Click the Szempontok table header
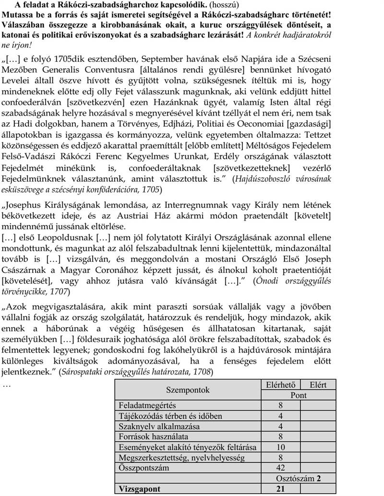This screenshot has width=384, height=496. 188,390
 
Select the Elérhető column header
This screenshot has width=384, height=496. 280,385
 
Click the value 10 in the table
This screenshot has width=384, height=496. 280,447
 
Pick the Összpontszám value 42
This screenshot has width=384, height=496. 280,468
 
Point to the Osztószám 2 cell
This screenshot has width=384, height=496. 298,478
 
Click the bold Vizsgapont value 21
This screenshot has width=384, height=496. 280,489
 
